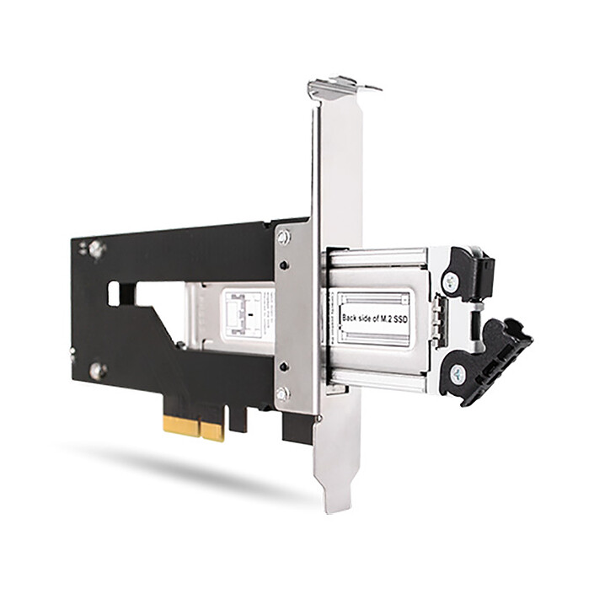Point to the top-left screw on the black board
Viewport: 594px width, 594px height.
96,249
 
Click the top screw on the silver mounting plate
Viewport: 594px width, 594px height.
284,238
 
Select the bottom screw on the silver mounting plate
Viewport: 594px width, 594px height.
283,393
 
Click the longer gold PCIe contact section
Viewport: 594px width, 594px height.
182,425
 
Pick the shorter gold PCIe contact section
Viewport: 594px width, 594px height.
213,431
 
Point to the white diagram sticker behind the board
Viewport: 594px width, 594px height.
247,315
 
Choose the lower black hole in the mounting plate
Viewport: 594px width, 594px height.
283,366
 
